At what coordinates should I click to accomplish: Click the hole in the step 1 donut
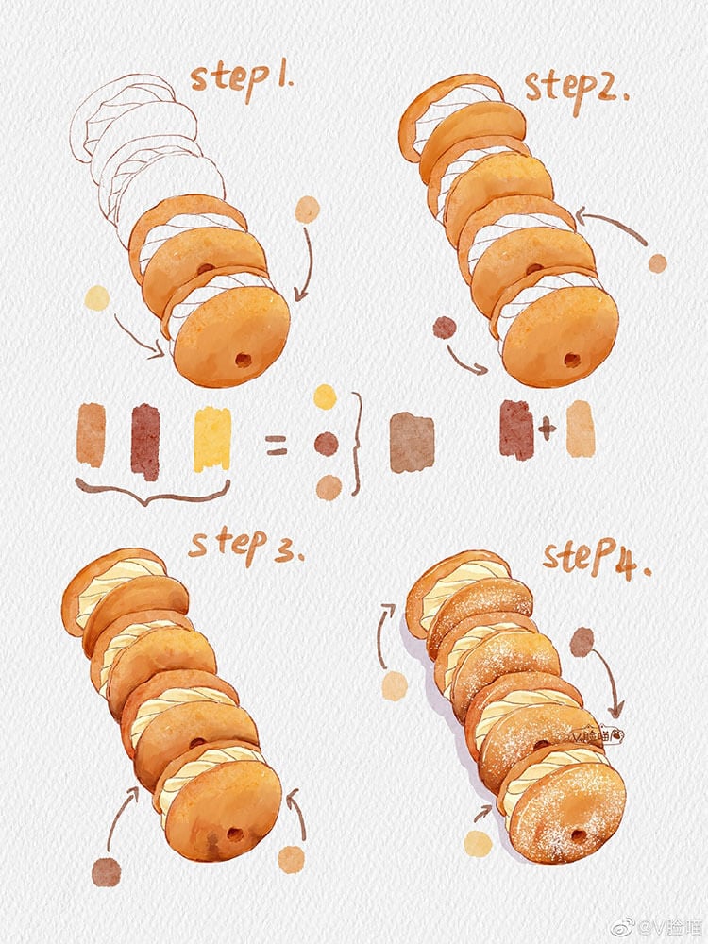244,360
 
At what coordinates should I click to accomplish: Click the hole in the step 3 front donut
233,833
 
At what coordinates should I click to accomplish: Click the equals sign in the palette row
276,445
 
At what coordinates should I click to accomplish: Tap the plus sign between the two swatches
547,430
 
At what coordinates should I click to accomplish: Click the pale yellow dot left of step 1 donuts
97,298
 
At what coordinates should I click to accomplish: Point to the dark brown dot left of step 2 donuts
444,328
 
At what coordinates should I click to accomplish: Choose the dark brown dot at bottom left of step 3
106,872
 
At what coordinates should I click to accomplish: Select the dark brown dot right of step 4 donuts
582,642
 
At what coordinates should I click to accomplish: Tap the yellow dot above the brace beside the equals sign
325,396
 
